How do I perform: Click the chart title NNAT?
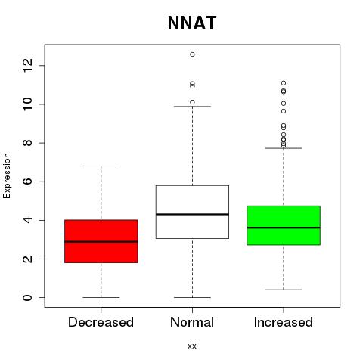(192, 23)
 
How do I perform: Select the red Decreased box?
(101, 241)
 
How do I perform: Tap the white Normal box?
(192, 212)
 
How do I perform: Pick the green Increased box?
(284, 225)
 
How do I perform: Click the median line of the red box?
(101, 241)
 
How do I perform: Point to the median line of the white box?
(192, 214)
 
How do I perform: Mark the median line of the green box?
(284, 228)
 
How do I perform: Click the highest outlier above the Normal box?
(192, 54)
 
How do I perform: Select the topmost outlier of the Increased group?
(284, 83)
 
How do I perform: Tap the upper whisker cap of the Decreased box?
(101, 166)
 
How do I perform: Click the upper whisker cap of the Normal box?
(192, 107)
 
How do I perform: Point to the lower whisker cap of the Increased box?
(284, 290)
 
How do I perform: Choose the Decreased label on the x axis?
(101, 322)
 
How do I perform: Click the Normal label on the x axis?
(192, 322)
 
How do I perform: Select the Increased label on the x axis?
(284, 322)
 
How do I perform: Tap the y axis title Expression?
(7, 175)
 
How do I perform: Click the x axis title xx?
(192, 346)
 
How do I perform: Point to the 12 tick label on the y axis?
(27, 66)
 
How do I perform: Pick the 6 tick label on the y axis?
(27, 181)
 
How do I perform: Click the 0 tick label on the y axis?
(27, 298)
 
